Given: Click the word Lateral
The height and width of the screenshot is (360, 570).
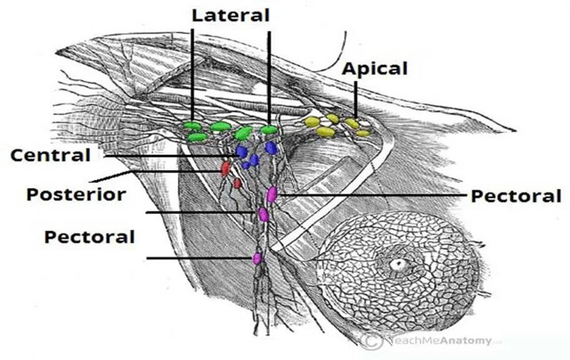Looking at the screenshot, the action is [x=231, y=16].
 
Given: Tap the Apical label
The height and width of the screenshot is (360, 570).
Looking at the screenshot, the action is [x=374, y=70].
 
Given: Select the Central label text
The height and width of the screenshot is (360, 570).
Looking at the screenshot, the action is [x=50, y=155].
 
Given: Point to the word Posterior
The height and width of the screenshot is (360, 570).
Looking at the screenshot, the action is [x=76, y=194].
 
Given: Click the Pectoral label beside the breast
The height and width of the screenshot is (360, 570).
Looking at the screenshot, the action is [x=516, y=196].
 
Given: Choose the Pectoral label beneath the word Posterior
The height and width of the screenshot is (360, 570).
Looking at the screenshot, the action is [x=89, y=237].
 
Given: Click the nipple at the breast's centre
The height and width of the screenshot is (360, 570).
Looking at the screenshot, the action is [x=398, y=264].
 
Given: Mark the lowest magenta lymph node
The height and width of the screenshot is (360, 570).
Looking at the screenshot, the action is [x=257, y=258].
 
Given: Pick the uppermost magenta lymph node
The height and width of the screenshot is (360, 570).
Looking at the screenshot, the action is [x=272, y=194].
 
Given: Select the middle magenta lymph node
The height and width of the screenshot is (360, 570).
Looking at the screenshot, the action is [x=264, y=215].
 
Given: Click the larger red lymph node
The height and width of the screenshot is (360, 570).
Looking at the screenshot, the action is [x=225, y=168].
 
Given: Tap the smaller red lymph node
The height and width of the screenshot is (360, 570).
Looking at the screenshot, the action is [x=238, y=184].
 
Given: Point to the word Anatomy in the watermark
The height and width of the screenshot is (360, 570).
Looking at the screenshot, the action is [x=469, y=340].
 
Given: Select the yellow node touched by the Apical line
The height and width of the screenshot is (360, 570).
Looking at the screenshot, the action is [x=352, y=123].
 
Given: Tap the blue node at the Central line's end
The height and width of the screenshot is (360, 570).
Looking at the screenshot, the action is [x=241, y=151].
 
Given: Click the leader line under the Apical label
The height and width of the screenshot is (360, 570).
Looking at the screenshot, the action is [x=355, y=100].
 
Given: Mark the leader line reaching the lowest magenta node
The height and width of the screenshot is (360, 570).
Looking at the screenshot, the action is [x=199, y=258].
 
